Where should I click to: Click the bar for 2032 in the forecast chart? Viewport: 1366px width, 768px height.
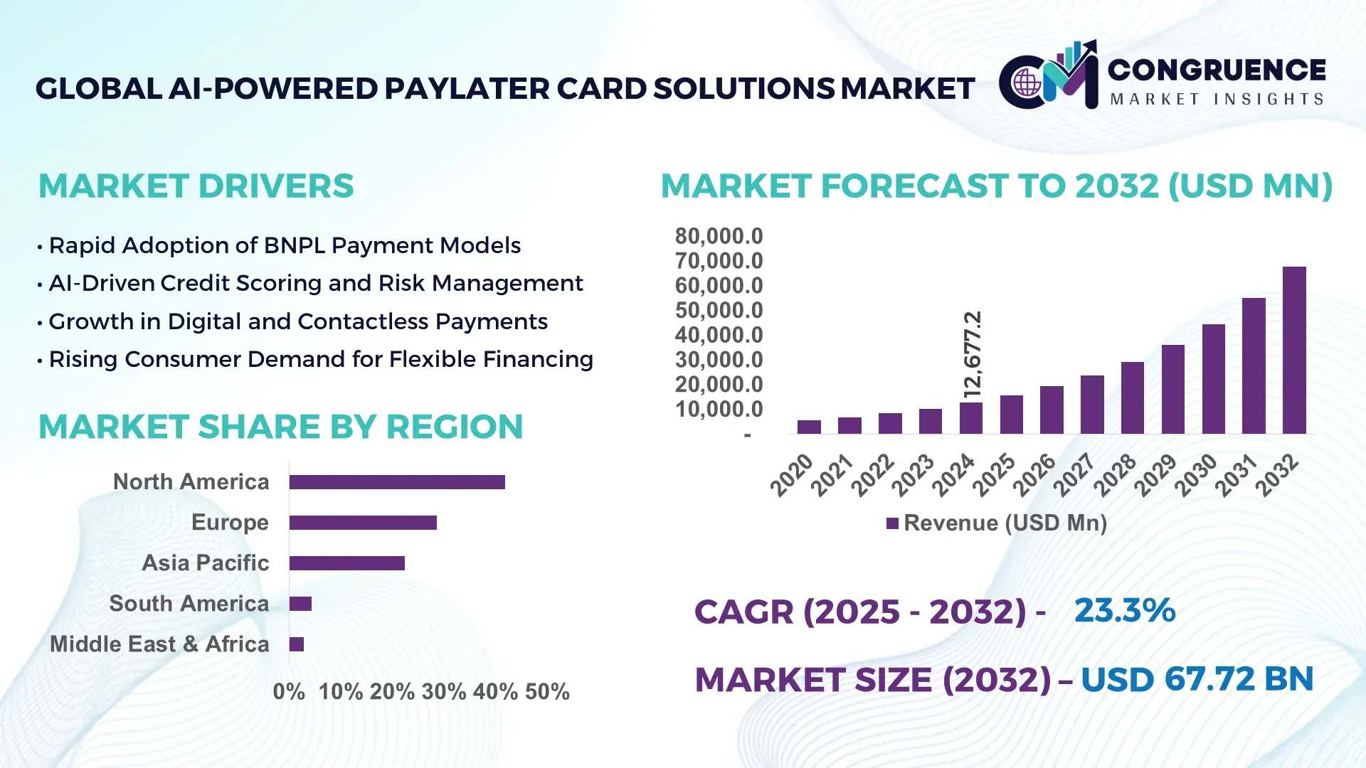1294,350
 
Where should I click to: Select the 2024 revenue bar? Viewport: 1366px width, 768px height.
970,418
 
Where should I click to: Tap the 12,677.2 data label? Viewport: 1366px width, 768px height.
972,353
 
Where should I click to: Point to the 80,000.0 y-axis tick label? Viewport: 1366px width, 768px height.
719,236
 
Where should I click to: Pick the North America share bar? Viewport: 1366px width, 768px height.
397,482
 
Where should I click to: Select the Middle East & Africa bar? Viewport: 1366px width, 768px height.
297,644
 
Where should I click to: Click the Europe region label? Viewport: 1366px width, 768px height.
230,523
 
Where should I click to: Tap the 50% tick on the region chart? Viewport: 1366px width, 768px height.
547,692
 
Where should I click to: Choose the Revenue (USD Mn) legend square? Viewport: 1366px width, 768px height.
892,523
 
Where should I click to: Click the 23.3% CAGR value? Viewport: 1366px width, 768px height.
1125,610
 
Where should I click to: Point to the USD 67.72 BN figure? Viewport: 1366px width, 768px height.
1197,679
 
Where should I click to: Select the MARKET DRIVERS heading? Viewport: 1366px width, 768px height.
196,186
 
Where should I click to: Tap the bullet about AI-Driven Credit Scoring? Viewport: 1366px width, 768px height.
315,283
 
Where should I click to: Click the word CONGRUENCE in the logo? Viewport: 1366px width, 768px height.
1217,70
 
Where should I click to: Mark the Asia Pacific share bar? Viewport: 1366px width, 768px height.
347,563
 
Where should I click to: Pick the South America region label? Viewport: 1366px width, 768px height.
189,604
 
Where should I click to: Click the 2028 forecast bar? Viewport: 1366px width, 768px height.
1133,398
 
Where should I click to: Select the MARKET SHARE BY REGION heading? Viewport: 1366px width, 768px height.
280,427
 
